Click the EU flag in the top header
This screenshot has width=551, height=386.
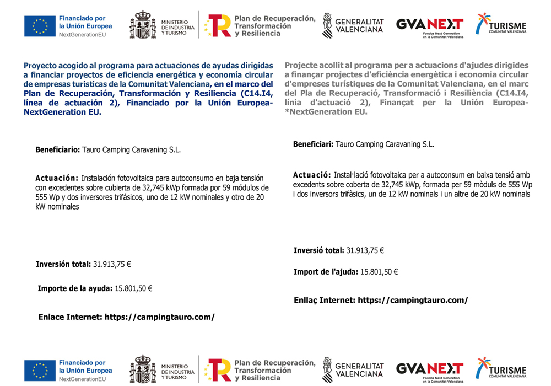tap(40, 25)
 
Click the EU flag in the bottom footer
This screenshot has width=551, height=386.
tap(40, 370)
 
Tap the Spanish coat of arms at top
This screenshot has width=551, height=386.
tap(143, 25)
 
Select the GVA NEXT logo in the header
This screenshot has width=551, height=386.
tap(429, 25)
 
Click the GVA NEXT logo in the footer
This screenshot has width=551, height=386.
tap(429, 369)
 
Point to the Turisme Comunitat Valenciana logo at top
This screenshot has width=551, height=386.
tap(501, 24)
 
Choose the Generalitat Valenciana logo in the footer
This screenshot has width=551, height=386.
tap(353, 369)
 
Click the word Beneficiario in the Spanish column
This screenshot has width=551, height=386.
tap(58, 149)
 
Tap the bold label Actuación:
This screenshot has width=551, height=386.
tap(57, 178)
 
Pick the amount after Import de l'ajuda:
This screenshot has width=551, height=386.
tap(379, 271)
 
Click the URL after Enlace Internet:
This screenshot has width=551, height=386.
tap(159, 317)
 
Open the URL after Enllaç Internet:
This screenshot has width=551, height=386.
tap(413, 300)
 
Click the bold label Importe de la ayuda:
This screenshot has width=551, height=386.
tap(74, 288)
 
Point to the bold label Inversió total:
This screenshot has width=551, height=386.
tap(318, 250)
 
